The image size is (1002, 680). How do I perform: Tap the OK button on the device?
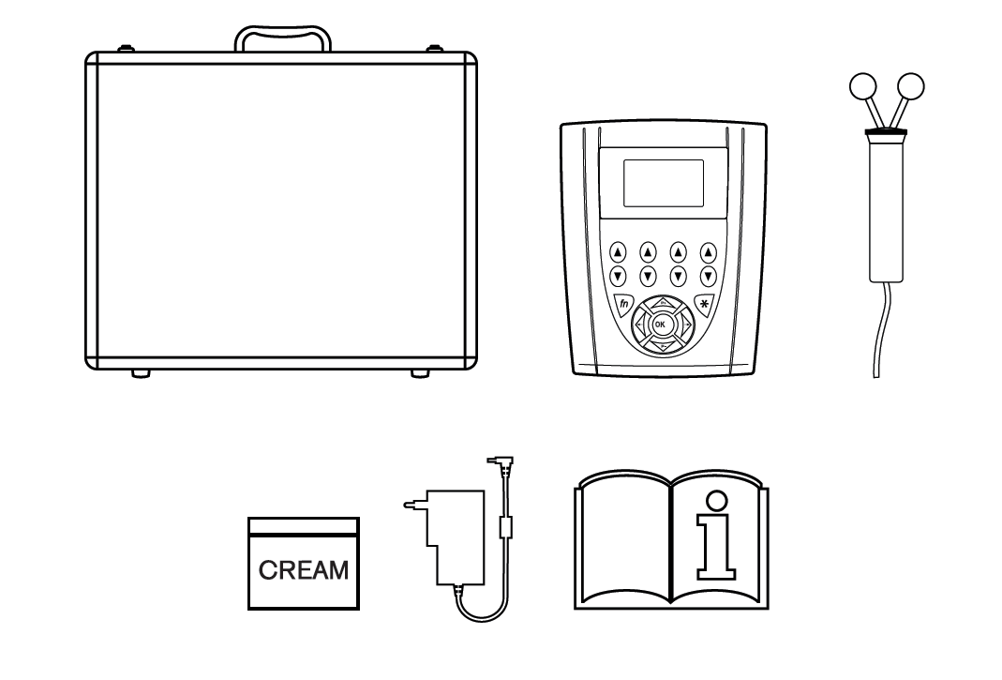click(660, 324)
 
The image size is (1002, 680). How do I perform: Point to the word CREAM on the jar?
click(303, 568)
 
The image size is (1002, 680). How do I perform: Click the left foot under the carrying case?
click(141, 373)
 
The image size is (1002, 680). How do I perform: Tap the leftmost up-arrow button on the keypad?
click(618, 252)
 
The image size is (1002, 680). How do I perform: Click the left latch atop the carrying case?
click(123, 47)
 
